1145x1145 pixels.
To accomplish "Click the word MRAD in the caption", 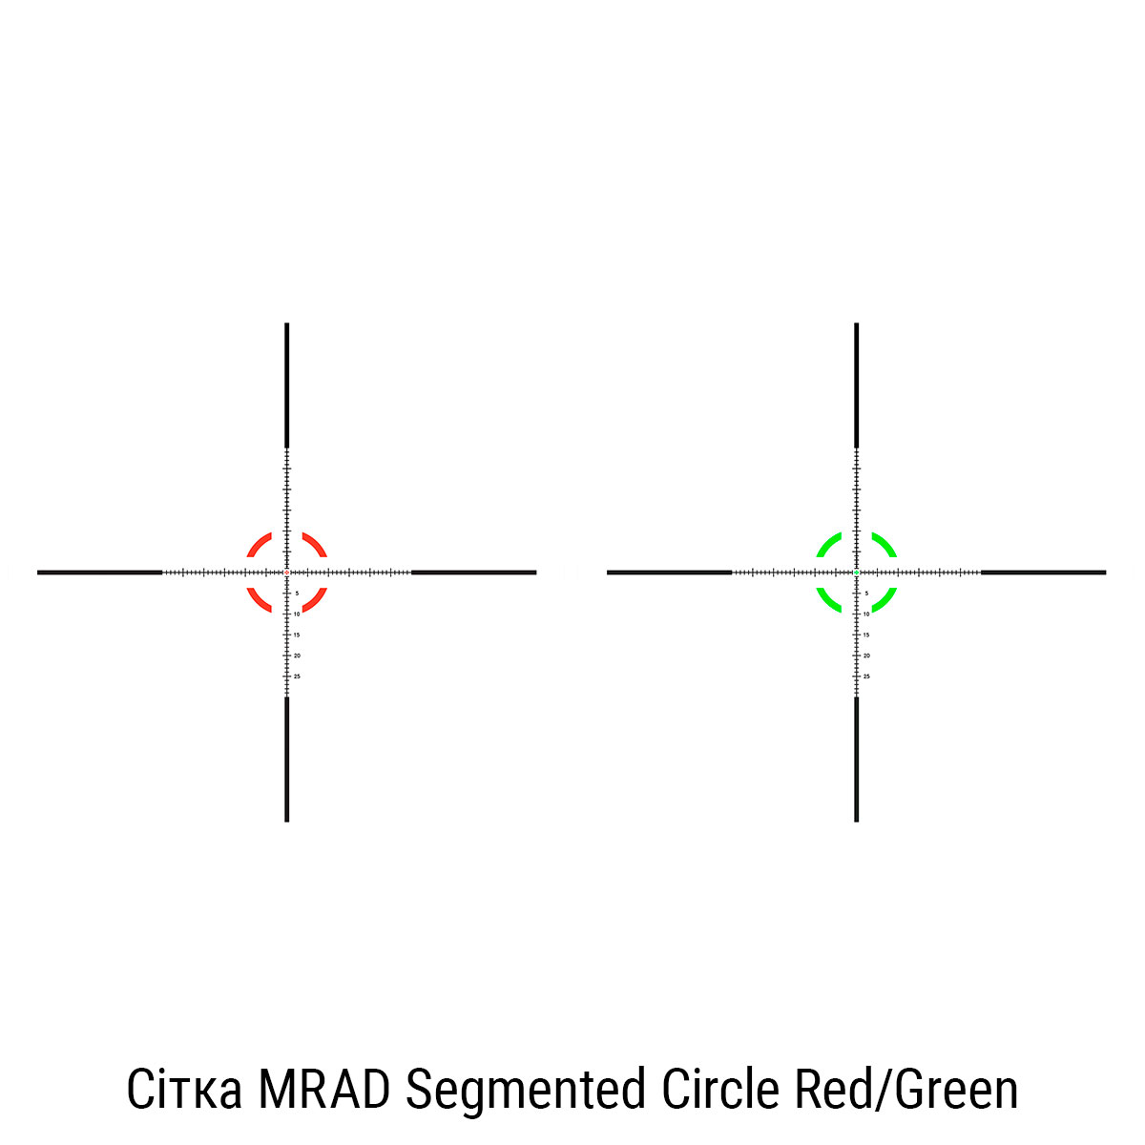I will [x=323, y=1091].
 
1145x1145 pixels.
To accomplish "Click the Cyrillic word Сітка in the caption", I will [x=184, y=1091].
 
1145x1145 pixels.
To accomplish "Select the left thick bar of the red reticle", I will [x=99, y=572].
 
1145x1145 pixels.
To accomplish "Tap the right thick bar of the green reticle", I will [x=1043, y=572].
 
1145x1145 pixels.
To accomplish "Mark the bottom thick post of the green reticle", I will [x=857, y=759].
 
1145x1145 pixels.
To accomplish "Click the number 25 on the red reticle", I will [x=297, y=677].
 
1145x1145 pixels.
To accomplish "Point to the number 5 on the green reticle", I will [x=866, y=593].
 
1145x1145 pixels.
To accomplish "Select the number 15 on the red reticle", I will [x=297, y=635].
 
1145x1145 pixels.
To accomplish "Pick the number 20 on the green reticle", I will [x=866, y=656].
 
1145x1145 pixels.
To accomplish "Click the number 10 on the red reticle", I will [x=297, y=614].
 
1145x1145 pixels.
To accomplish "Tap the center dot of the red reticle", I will [x=286, y=572].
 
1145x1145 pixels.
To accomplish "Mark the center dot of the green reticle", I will [x=857, y=572].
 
